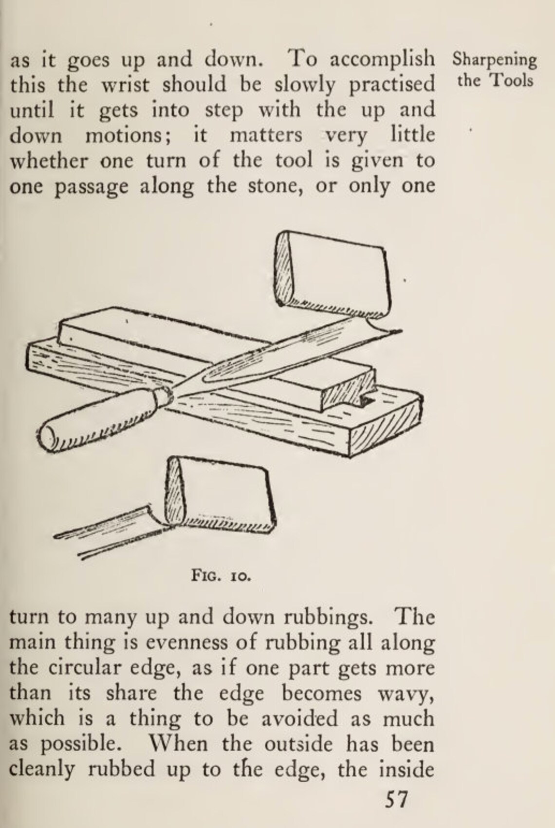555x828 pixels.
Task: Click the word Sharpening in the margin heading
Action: click(494, 61)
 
